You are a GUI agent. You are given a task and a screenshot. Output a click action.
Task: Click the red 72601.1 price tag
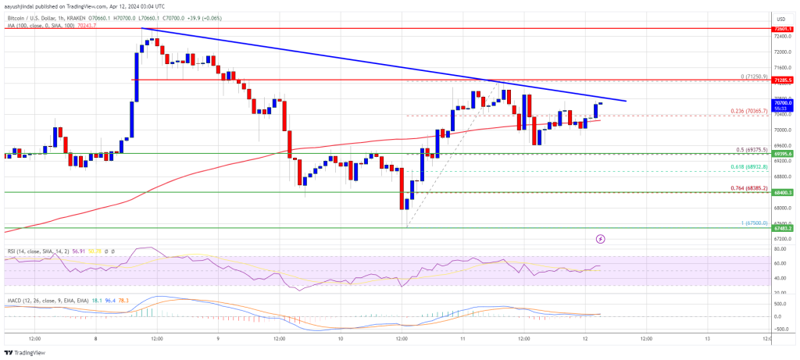coord(783,28)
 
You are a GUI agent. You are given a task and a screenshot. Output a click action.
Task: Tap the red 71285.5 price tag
coord(783,80)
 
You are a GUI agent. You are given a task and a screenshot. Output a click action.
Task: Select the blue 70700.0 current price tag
coord(783,102)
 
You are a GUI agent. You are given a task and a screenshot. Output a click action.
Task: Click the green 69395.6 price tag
coord(783,154)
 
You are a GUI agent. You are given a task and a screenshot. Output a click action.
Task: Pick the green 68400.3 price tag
coord(783,192)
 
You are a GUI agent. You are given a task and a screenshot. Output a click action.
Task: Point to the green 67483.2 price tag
coord(783,228)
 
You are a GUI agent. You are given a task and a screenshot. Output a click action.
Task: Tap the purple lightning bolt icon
coord(600,239)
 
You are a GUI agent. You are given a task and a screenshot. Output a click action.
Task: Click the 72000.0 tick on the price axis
coord(783,52)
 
